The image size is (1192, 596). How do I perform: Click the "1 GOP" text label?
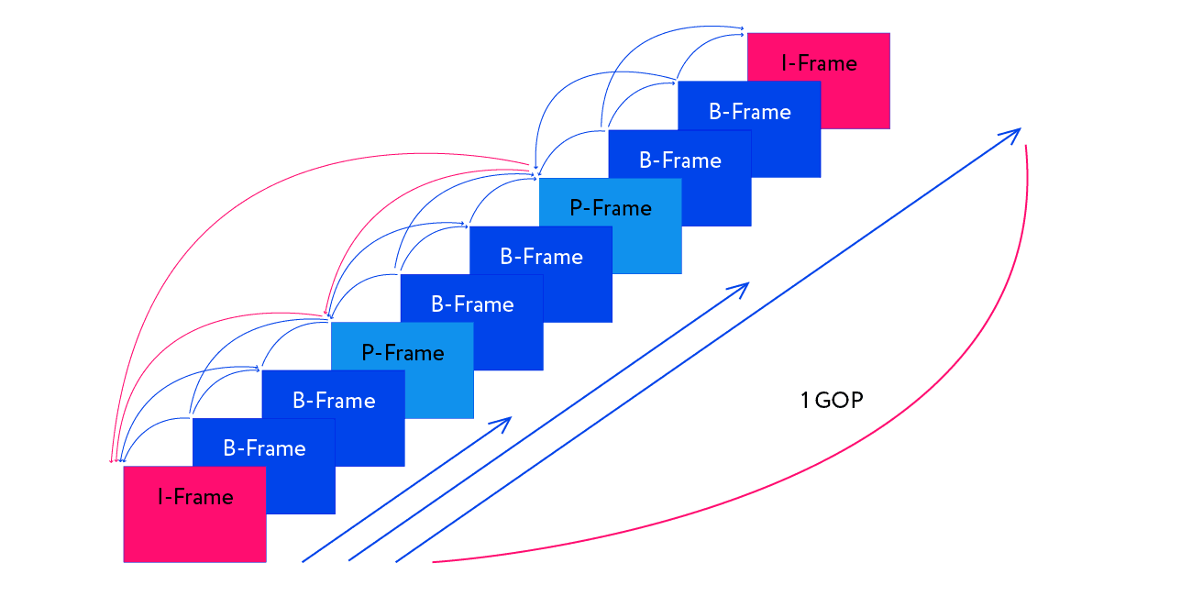pyautogui.click(x=832, y=401)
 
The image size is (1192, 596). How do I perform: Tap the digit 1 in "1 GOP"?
pyautogui.click(x=804, y=401)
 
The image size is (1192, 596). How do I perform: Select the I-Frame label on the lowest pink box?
pyautogui.click(x=195, y=497)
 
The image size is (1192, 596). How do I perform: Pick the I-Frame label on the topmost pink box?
pyautogui.click(x=819, y=63)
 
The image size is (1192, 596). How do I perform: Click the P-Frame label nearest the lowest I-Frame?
pyautogui.click(x=403, y=353)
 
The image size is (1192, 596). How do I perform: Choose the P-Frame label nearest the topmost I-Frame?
pyautogui.click(x=611, y=208)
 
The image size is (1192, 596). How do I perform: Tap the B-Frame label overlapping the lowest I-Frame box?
pyautogui.click(x=264, y=448)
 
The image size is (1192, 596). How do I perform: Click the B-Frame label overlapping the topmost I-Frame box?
pyautogui.click(x=750, y=112)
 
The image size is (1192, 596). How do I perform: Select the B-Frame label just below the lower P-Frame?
pyautogui.click(x=334, y=401)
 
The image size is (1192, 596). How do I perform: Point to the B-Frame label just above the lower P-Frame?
pyautogui.click(x=472, y=304)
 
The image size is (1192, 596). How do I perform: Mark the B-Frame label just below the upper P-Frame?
pyautogui.click(x=541, y=257)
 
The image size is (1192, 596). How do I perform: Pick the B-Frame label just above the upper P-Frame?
pyautogui.click(x=680, y=160)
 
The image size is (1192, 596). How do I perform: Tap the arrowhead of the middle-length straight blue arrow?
pyautogui.click(x=746, y=284)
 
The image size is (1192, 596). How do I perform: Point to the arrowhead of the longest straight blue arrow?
pyautogui.click(x=1018, y=130)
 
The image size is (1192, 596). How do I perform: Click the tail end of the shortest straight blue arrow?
pyautogui.click(x=303, y=561)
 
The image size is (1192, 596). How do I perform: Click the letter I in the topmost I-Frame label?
pyautogui.click(x=785, y=63)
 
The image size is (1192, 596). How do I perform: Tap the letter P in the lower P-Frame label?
pyautogui.click(x=368, y=353)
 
